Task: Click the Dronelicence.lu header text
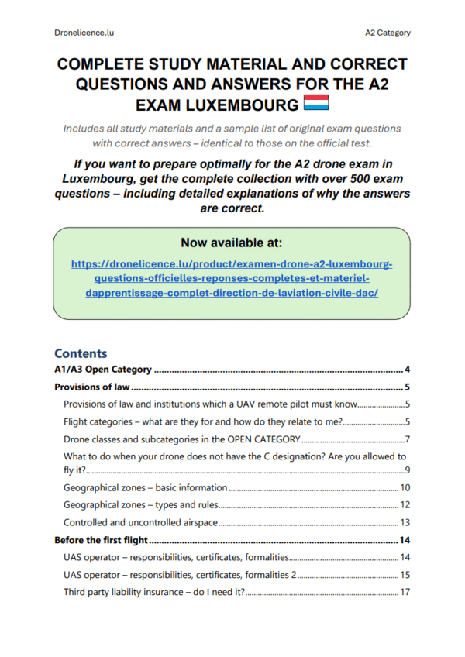tap(85, 33)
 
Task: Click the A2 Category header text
tap(387, 33)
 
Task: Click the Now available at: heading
tap(231, 242)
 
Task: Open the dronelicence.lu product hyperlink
tap(232, 279)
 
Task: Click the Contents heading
tap(81, 353)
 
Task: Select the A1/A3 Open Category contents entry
tap(102, 370)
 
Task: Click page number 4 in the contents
tap(406, 370)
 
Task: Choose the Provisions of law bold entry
tap(91, 387)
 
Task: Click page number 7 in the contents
tap(406, 440)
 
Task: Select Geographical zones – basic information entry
tap(145, 488)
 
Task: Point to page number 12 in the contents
tap(405, 505)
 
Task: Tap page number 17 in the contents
tap(405, 593)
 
